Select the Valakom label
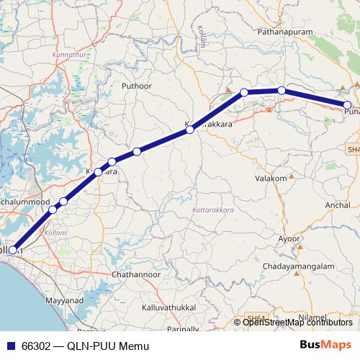coord(271,177)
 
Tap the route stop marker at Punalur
coord(347,105)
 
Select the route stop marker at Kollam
coord(13,250)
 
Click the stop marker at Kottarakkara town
coord(189,130)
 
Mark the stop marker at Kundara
coord(98,172)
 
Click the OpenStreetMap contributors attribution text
coord(297,322)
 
